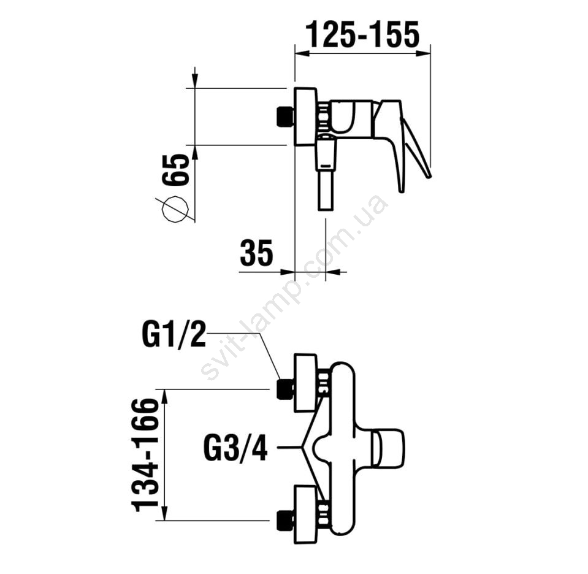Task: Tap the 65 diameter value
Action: click(x=176, y=170)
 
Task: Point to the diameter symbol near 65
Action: click(x=175, y=210)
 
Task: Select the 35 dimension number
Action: click(x=256, y=253)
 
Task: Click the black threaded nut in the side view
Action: click(x=285, y=117)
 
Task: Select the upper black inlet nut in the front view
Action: click(x=285, y=389)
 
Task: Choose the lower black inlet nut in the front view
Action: click(x=285, y=521)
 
